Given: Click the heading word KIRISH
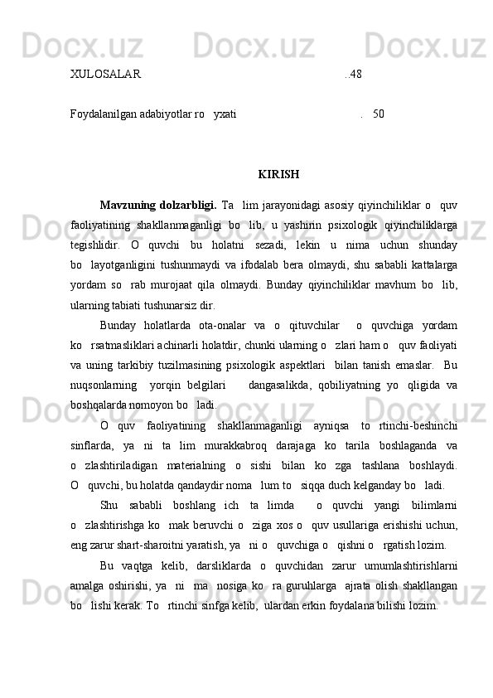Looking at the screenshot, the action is click(278, 175).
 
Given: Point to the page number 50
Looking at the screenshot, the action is click(378, 113).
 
